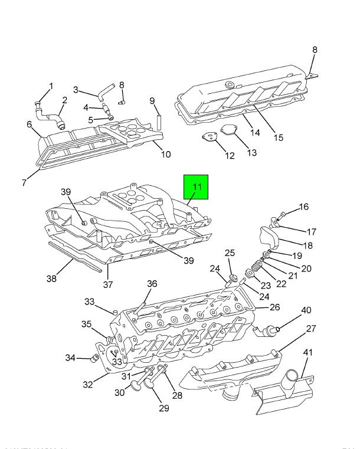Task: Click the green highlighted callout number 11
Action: click(x=197, y=188)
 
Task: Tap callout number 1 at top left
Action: click(x=51, y=87)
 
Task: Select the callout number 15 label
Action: click(x=279, y=137)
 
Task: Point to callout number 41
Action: click(x=307, y=353)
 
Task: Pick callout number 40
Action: click(x=306, y=310)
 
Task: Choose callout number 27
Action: click(x=311, y=329)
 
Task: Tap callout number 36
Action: click(x=152, y=284)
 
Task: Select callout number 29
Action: click(x=163, y=408)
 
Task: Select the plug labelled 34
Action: click(x=93, y=358)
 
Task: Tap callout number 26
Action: click(x=275, y=307)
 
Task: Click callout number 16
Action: click(x=304, y=207)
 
